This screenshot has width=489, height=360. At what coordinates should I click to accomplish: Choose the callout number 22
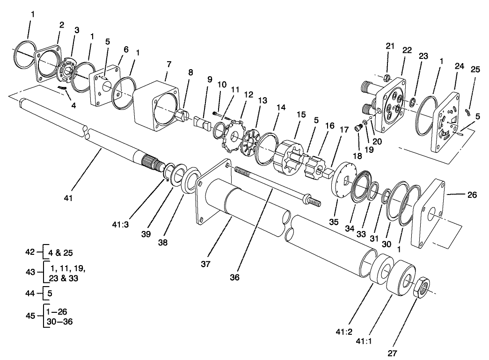point(407,50)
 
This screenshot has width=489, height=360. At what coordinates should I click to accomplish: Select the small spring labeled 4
point(62,87)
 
